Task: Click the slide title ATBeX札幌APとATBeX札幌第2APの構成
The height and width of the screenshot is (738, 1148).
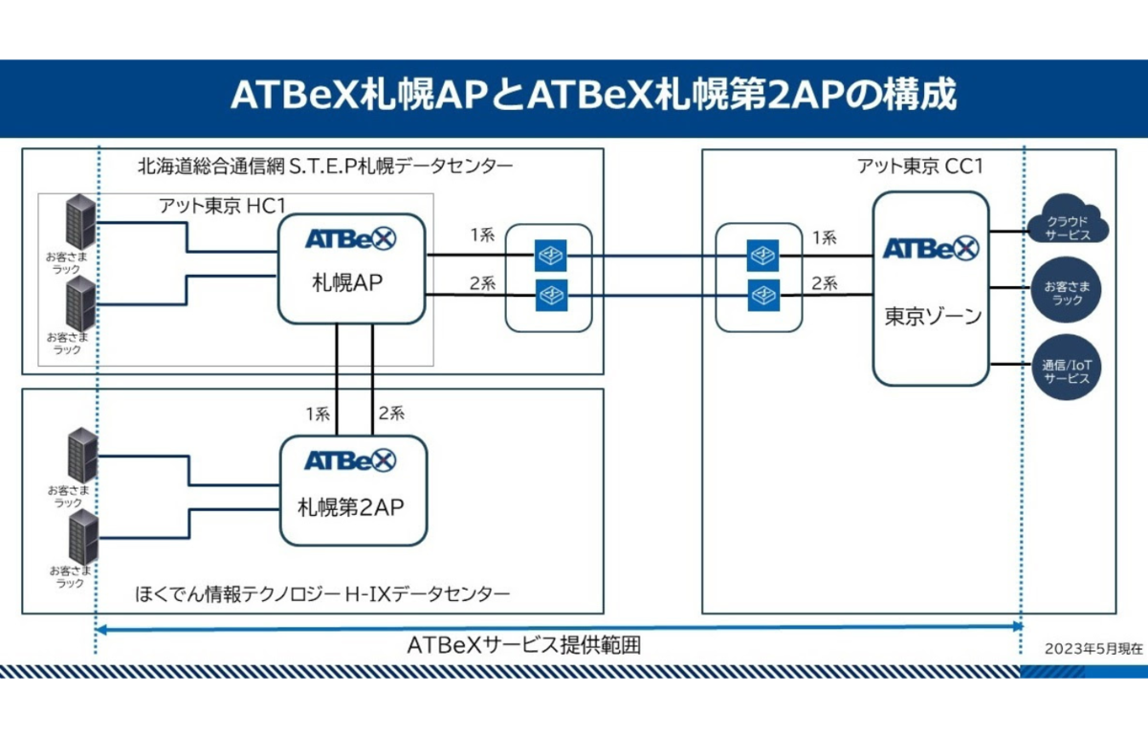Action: (x=593, y=97)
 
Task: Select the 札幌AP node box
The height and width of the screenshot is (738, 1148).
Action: (x=351, y=268)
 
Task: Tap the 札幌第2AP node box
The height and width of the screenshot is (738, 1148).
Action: (x=351, y=490)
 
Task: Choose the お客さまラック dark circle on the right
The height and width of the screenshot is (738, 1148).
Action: (x=1066, y=293)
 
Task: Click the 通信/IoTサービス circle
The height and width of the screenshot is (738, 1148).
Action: (x=1066, y=371)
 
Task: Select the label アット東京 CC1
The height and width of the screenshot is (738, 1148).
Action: (x=919, y=167)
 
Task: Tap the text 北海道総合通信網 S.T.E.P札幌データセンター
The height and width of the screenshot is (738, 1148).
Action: (x=325, y=167)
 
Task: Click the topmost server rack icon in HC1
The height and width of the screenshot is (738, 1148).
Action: (x=80, y=220)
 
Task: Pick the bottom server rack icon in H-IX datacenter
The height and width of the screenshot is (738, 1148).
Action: (x=83, y=537)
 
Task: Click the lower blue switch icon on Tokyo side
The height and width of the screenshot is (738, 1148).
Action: (x=762, y=293)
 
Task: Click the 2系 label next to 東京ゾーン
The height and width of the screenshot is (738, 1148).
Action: (x=825, y=282)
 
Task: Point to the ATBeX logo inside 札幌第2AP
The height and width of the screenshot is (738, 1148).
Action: (x=350, y=460)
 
